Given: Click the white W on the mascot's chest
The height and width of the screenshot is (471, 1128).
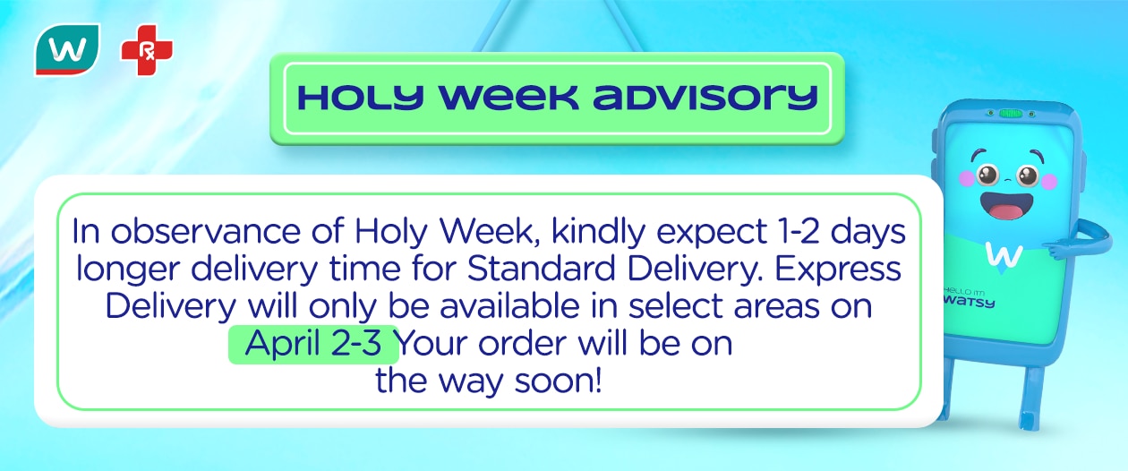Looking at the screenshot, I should [1004, 253].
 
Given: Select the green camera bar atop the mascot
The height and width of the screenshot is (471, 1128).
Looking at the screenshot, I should [1011, 115].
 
